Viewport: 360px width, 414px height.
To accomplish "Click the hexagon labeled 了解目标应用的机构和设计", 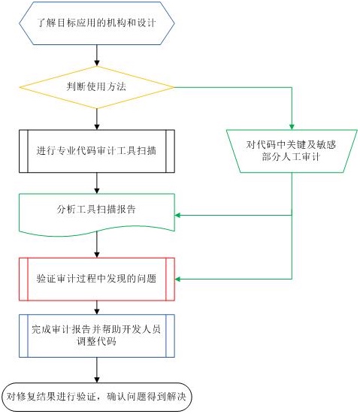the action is (x=97, y=23).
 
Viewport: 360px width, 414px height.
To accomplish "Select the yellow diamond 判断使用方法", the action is (x=97, y=87).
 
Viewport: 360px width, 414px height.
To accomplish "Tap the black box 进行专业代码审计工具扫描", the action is (x=97, y=151).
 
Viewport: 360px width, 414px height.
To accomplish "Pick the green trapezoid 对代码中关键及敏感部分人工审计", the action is (x=292, y=151).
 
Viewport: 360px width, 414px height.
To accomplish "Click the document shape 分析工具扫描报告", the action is (x=97, y=214).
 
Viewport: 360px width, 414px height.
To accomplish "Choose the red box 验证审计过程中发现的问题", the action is (x=97, y=279).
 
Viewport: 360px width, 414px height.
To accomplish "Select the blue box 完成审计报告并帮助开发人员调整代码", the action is (x=97, y=336).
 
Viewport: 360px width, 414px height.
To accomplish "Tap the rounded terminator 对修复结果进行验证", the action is (x=97, y=397).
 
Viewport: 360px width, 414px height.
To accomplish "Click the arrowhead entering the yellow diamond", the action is (x=97, y=63).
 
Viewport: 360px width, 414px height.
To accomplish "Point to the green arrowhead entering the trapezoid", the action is (x=292, y=126).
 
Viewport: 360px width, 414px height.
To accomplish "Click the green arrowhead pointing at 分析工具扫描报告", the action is (x=178, y=215).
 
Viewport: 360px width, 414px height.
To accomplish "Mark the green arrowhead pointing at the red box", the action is (x=178, y=279).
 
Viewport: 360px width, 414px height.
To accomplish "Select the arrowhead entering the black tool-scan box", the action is (x=97, y=126).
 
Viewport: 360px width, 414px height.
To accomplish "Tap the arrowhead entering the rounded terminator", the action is (x=97, y=379).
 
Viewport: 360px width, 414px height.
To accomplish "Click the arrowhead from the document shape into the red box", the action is (x=97, y=255).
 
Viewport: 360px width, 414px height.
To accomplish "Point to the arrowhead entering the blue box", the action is (x=97, y=311).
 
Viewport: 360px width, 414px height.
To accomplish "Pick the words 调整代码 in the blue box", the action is (x=96, y=342).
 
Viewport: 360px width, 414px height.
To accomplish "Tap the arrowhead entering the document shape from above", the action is (x=97, y=191).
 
